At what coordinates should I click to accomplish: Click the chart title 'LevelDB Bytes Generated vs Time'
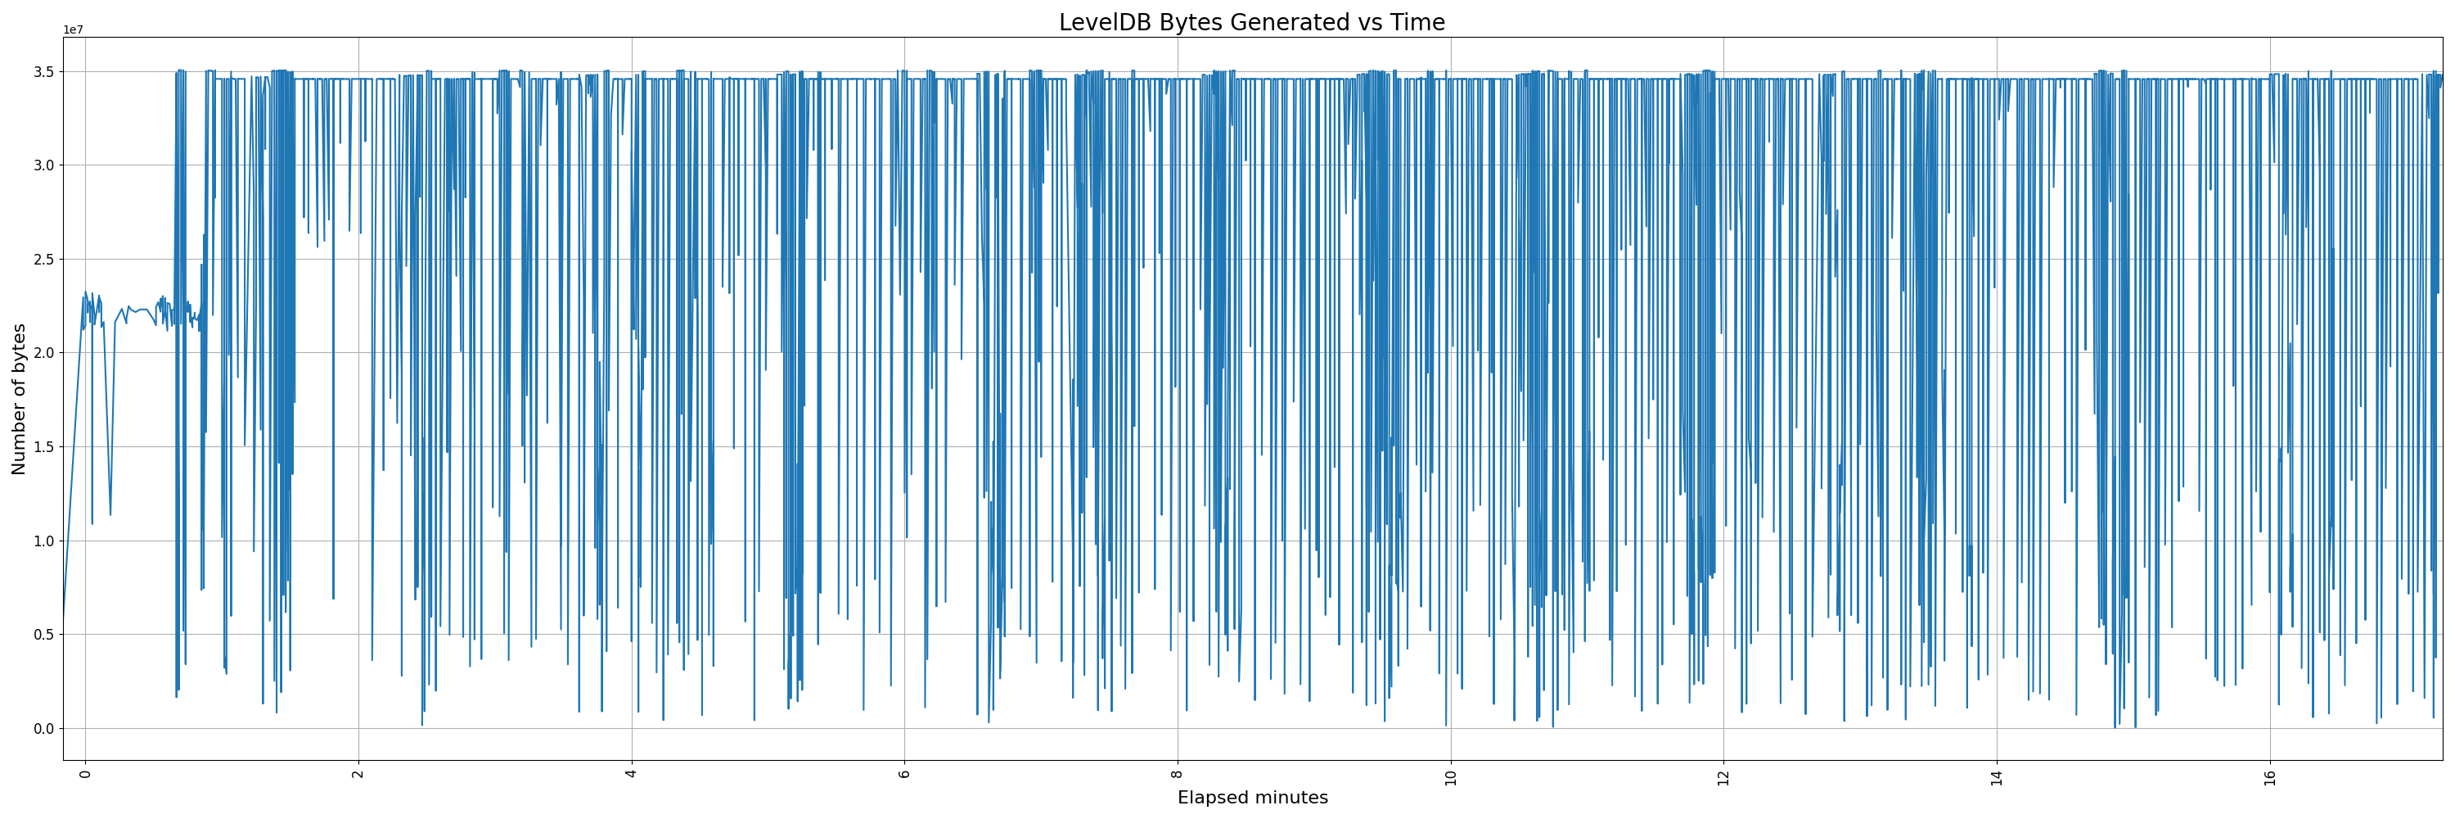tap(1251, 23)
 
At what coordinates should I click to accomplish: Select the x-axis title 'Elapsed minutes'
tap(1252, 798)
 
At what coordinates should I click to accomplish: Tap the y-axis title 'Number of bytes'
tap(19, 399)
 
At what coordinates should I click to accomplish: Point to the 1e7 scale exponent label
tap(74, 29)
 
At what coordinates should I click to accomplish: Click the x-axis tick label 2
tap(358, 773)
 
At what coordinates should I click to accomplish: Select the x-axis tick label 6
tap(904, 773)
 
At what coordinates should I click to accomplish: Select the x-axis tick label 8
tap(1178, 773)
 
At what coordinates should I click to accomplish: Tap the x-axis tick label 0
tap(85, 773)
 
